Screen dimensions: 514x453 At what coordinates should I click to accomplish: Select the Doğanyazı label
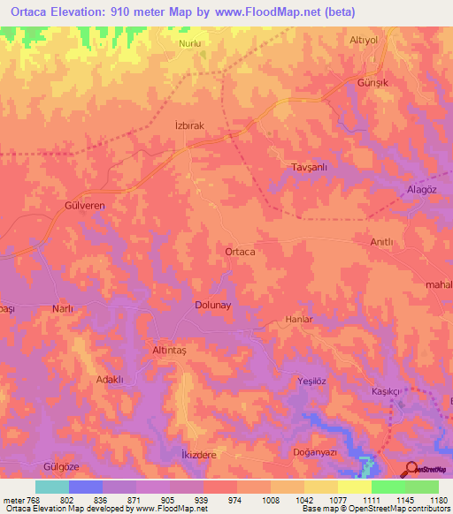tap(316, 451)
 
